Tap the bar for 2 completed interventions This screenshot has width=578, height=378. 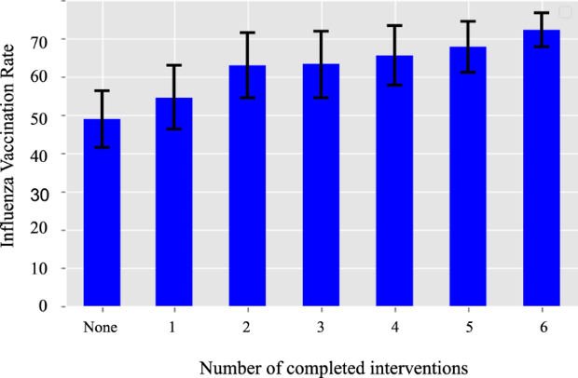(247, 185)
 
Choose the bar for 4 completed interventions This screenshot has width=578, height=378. (394, 181)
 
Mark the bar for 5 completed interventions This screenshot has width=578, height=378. (467, 176)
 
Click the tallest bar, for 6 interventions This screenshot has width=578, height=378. (541, 168)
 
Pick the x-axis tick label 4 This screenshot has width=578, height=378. (394, 328)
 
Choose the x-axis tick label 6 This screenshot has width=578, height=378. (541, 328)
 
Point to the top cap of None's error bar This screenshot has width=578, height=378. (102, 90)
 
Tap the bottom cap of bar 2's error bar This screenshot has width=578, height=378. (247, 98)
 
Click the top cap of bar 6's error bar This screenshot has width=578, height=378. (541, 13)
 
